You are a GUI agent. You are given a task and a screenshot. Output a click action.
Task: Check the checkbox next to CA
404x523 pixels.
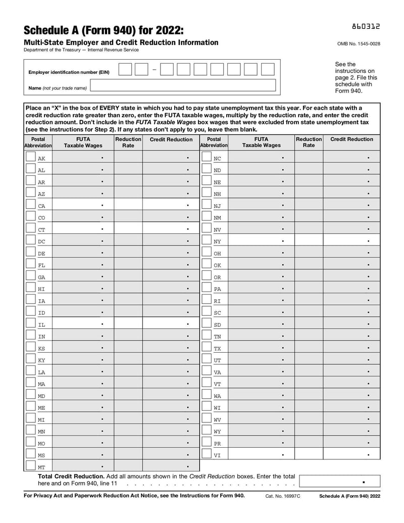point(30,205)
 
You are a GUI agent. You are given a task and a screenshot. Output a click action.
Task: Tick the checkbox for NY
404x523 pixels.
point(206,241)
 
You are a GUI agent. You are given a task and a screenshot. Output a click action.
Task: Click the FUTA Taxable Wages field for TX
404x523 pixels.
point(261,348)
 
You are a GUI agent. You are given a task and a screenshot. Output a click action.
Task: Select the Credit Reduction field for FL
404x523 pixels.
point(171,265)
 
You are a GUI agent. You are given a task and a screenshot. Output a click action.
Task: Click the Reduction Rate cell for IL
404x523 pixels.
point(128,324)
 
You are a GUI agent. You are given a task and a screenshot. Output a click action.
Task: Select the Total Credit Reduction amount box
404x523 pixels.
point(339,482)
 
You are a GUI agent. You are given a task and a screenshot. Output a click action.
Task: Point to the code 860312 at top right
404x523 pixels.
point(366,26)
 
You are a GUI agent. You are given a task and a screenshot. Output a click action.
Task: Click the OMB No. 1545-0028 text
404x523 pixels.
point(359,43)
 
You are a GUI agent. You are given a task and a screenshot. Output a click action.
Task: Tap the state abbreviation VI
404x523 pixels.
point(217,455)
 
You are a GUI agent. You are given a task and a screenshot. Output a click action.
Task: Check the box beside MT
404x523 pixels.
point(30,466)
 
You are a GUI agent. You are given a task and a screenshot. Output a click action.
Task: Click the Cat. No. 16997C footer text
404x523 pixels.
point(283,496)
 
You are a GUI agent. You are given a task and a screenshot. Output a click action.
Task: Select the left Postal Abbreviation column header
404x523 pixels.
point(38,142)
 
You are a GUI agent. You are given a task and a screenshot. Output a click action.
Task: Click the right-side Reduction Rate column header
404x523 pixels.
point(309,142)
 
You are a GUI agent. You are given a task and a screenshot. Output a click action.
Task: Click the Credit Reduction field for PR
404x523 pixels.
point(351,443)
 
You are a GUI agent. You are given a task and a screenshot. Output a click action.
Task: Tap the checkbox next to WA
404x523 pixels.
point(206,395)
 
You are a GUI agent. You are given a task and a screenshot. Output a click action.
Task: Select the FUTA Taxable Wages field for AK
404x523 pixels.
point(83,158)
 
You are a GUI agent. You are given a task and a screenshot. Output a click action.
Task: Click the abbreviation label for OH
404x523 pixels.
point(217,253)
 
